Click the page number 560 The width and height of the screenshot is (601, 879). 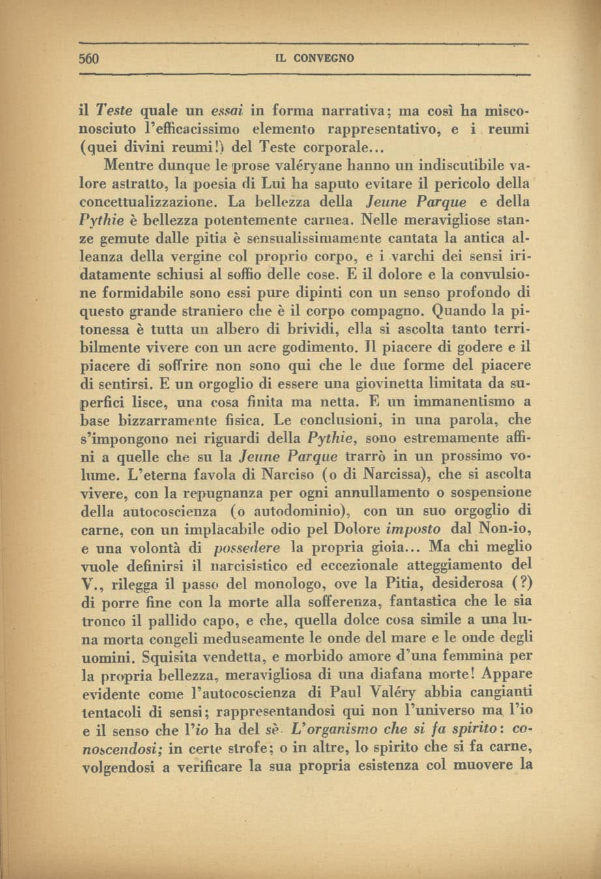[x=87, y=58]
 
